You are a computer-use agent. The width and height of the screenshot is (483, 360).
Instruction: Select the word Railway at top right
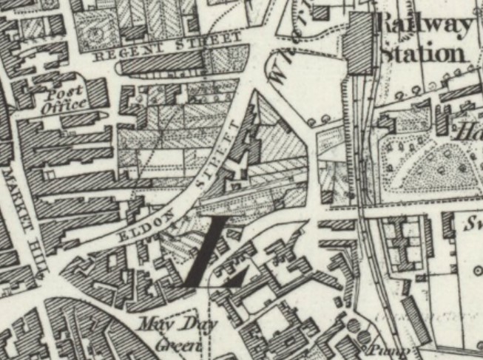click(424, 27)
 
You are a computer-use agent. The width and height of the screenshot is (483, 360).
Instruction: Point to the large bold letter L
click(215, 255)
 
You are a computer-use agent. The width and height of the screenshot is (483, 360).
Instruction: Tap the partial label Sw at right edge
click(471, 224)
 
